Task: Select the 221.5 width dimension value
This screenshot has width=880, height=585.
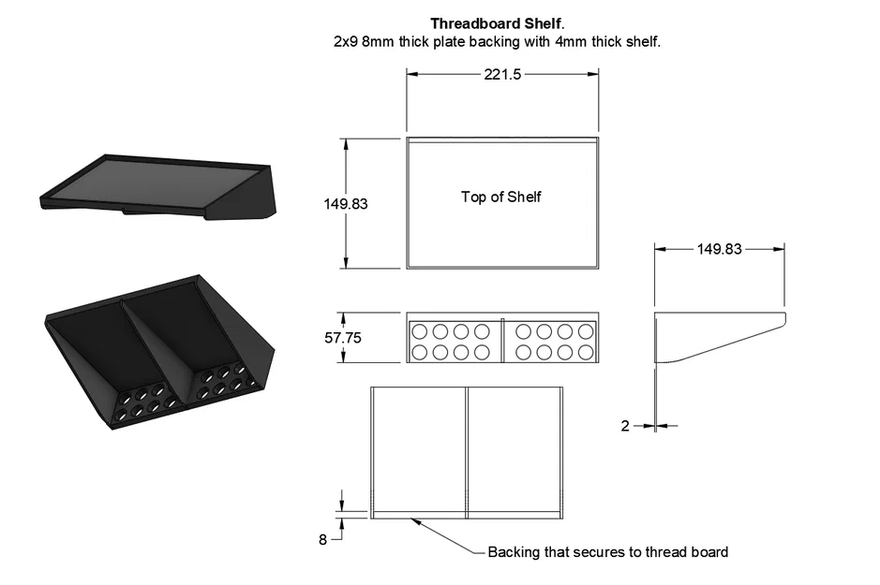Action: click(502, 76)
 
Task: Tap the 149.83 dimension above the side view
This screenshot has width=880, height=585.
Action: click(719, 249)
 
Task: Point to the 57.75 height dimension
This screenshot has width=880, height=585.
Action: click(344, 338)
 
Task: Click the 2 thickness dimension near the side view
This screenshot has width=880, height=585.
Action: click(625, 426)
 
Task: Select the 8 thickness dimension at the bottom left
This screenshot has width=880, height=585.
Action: click(323, 539)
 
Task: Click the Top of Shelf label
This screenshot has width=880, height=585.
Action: click(500, 197)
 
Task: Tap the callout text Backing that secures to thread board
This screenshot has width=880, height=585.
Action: click(607, 552)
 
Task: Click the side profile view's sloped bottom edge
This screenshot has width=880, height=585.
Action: click(722, 341)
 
